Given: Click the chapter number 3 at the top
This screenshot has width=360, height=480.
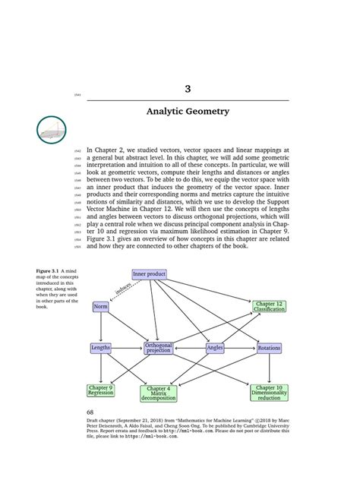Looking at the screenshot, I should coord(187,90).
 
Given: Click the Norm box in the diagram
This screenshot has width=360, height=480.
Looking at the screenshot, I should coord(100,306).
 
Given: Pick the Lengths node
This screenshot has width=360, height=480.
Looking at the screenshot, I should coord(101,348).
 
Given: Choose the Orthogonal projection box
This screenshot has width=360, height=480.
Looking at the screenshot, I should coord(159,348).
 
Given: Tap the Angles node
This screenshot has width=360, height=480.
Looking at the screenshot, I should coord(215,348).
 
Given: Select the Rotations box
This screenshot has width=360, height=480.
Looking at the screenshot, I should coord(270,348).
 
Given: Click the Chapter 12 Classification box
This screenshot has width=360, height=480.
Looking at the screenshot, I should coord(269,306).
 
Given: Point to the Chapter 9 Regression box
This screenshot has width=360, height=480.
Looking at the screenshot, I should coord(101,390).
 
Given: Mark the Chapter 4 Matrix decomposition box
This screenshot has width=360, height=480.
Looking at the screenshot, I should coord(158,393).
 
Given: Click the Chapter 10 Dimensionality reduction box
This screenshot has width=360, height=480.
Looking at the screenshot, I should coord(269,393).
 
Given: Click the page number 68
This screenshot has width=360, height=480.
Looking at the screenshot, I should coord(93,413).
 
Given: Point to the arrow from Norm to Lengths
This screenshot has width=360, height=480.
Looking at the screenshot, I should coord(100,327).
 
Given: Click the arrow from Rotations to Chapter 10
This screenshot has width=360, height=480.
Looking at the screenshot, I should coord(270,368).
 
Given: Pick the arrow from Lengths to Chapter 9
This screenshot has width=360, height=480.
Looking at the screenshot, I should coord(101,368).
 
